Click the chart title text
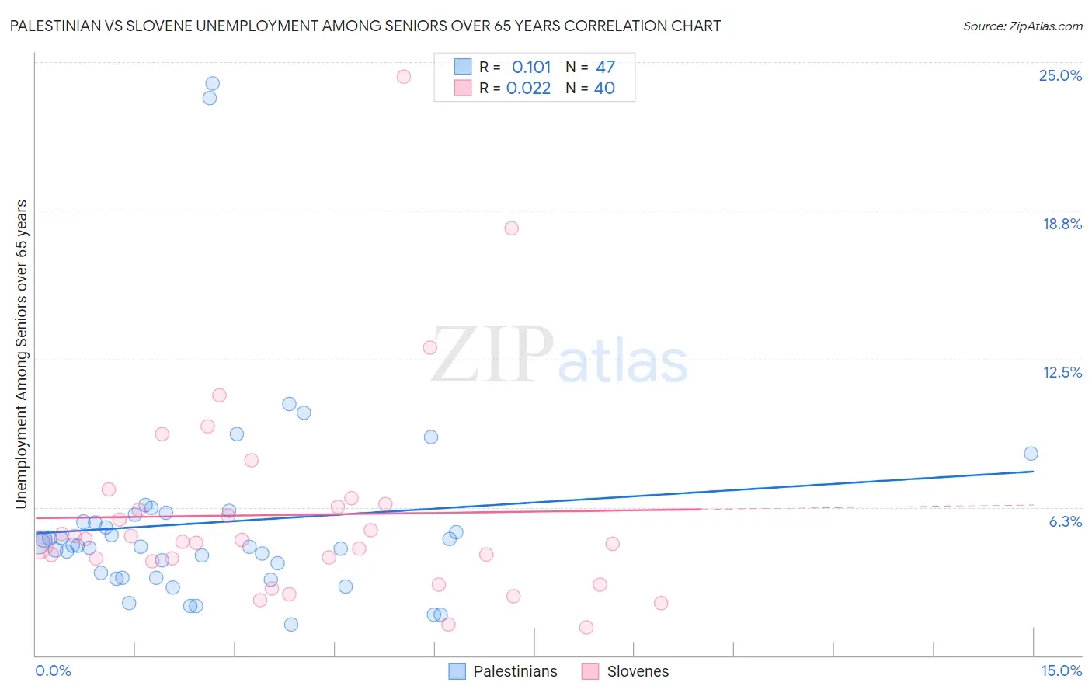[365, 26]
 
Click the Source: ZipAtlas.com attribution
[1022, 26]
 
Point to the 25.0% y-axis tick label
[1060, 75]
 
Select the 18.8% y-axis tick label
[1062, 224]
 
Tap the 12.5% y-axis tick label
[1062, 372]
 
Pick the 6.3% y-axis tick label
[1065, 521]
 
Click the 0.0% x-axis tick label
[53, 670]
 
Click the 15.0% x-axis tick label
[1061, 670]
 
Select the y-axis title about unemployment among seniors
[21, 354]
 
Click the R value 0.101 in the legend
[531, 67]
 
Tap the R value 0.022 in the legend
[528, 88]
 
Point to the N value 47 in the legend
[605, 67]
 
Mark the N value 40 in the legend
[604, 88]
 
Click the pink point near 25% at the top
[404, 76]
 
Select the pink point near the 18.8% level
[511, 228]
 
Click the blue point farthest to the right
[1031, 454]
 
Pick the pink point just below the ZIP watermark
[430, 347]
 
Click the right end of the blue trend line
[1034, 471]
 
